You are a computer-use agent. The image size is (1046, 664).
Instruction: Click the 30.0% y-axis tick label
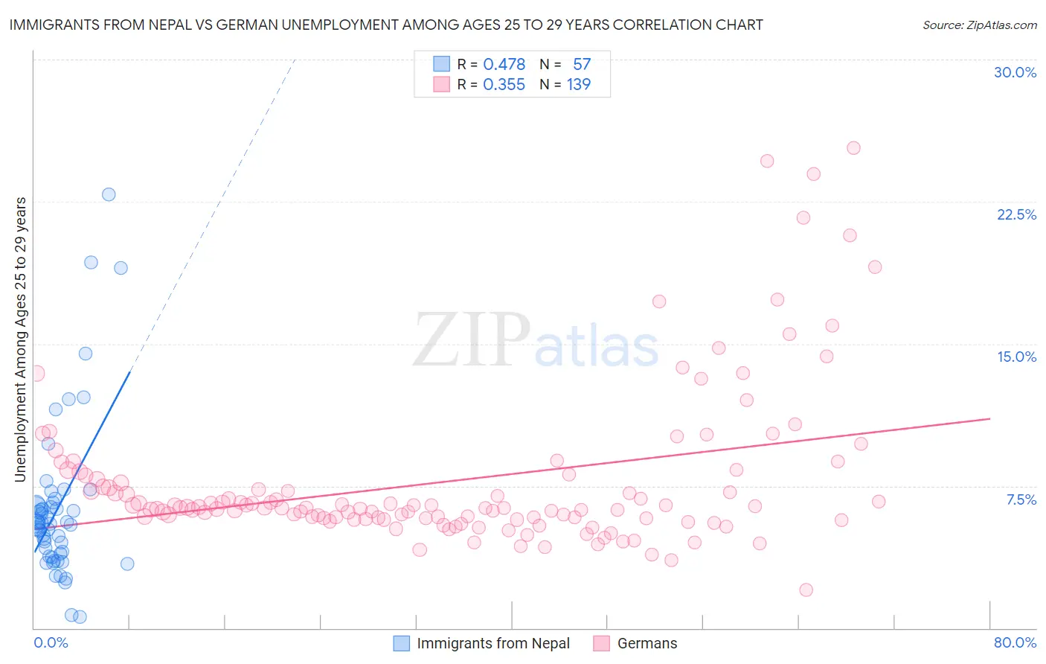1015,72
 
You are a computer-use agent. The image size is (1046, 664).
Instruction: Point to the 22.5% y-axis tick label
1016,214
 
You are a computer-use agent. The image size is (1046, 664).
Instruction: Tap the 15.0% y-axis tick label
1016,357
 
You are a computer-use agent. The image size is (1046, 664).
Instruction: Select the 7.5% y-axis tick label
1021,499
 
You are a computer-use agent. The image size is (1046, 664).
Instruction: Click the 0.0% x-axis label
51,642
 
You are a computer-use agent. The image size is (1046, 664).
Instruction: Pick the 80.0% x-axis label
1015,642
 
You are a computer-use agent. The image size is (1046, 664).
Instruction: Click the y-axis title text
21,339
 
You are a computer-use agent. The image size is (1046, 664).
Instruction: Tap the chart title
386,25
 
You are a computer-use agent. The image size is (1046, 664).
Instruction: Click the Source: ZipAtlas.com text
979,25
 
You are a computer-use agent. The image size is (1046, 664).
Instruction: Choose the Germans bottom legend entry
646,643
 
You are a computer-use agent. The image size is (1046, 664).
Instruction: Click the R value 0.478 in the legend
504,64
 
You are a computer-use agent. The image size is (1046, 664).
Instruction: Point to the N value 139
578,84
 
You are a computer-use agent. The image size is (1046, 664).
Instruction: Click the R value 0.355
504,84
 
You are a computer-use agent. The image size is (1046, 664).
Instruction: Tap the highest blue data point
109,194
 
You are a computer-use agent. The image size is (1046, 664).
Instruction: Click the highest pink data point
853,148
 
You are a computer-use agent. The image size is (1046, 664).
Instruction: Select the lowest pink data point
806,590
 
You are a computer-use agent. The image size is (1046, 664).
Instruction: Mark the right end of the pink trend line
989,419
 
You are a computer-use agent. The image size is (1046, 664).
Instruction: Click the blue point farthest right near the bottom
127,564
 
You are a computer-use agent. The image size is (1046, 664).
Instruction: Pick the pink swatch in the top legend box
442,84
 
